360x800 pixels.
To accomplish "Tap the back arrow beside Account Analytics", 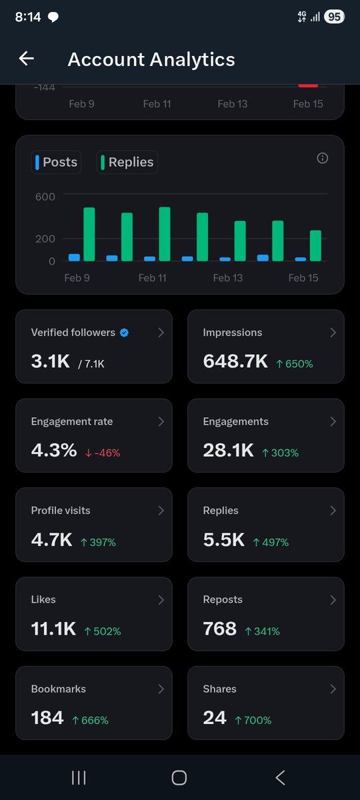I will point(26,59).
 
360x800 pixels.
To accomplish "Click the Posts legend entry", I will point(56,162).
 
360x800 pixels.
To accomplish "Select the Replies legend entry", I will point(127,162).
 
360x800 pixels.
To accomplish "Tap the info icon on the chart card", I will point(322,158).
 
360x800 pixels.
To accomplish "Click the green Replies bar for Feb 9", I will point(89,235).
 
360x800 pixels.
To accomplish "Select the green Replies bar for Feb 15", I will point(315,246).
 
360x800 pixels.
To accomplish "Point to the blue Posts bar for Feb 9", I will point(74,257).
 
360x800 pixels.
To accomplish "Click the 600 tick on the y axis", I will point(45,197).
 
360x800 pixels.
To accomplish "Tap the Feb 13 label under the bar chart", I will point(227,278).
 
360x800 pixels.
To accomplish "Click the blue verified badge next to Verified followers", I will point(124,333).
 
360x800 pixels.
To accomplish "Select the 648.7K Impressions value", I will point(235,361).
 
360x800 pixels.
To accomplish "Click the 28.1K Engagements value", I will point(229,451).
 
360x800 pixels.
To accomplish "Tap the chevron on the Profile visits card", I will point(161,511).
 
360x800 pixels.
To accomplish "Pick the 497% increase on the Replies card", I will point(271,542).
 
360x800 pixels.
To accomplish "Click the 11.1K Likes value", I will point(53,629).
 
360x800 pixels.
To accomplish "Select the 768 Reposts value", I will point(220,629).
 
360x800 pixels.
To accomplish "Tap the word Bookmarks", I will point(59,689).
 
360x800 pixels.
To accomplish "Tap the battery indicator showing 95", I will point(334,17).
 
